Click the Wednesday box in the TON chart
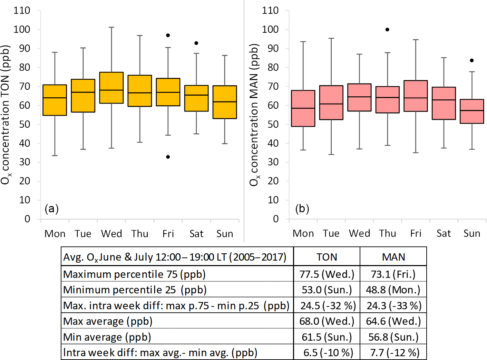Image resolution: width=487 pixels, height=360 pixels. [x=111, y=88]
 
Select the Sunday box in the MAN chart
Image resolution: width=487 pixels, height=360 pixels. [x=472, y=111]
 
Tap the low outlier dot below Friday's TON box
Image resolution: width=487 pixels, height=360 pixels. [x=168, y=157]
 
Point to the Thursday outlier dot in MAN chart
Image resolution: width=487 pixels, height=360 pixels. [x=387, y=30]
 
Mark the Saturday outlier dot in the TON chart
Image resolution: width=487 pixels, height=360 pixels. [x=196, y=43]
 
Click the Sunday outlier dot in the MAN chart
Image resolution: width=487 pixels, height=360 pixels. [x=472, y=61]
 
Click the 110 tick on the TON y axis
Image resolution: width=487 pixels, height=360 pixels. [x=22, y=11]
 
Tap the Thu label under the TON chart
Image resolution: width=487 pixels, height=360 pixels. [x=140, y=234]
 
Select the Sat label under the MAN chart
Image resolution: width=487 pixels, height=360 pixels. [x=444, y=234]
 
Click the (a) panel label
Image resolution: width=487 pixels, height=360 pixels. [x=52, y=208]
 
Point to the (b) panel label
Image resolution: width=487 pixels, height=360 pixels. [x=302, y=208]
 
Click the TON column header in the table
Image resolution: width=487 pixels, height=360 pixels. [x=327, y=257]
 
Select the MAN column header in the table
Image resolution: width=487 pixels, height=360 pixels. [x=393, y=257]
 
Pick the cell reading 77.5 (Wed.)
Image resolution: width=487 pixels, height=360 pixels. [x=327, y=274]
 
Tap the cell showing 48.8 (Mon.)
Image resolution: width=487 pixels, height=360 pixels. [x=393, y=290]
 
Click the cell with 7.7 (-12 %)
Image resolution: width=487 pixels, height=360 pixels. [x=393, y=352]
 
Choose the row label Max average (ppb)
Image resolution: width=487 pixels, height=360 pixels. [x=108, y=321]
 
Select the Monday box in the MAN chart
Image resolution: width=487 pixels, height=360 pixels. [x=303, y=108]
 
